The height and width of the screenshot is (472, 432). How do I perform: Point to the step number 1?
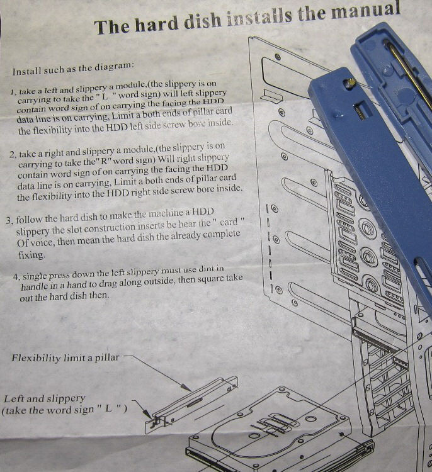click(x=13, y=92)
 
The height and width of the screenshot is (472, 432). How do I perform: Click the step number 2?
click(x=13, y=155)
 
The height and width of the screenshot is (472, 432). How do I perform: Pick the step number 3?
click(x=9, y=220)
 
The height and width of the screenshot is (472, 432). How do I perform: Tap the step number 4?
click(x=16, y=277)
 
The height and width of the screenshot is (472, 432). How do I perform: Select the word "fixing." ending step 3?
click(x=31, y=255)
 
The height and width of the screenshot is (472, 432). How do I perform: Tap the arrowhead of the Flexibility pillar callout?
click(x=188, y=388)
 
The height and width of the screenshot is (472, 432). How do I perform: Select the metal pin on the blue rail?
click(x=350, y=83)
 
